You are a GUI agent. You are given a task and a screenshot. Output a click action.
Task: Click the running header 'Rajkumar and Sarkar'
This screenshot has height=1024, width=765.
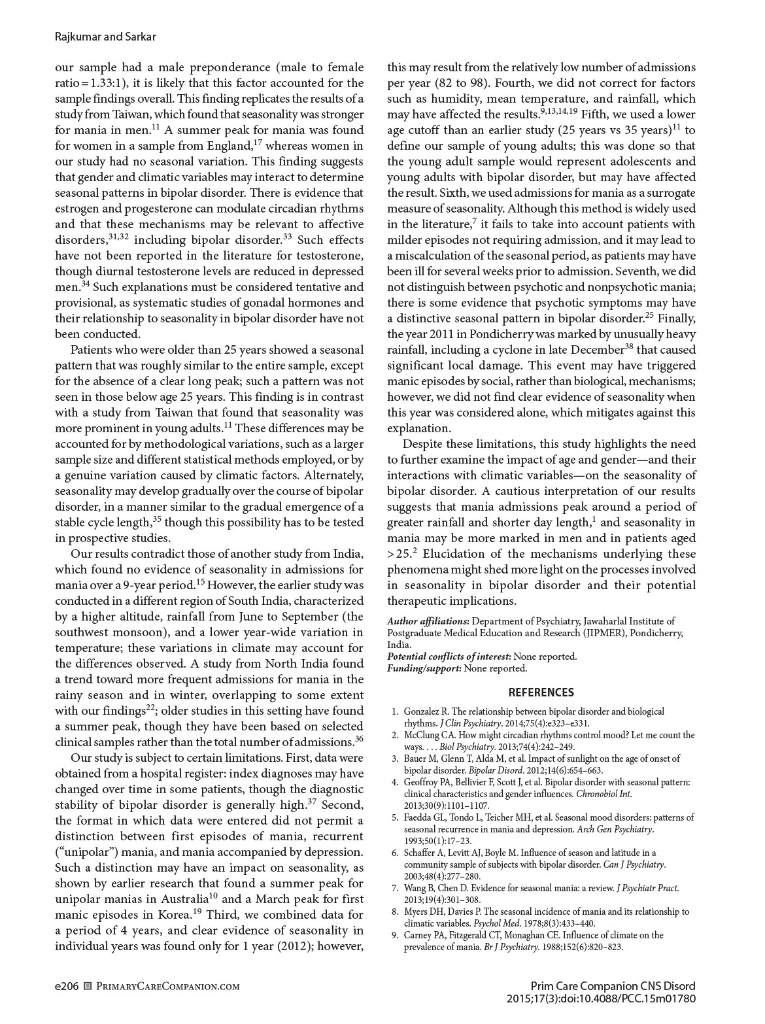click(105, 37)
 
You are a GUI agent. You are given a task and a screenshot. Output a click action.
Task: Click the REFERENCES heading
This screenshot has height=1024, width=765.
click(541, 692)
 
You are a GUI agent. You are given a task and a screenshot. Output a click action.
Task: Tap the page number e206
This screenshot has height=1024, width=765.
click(67, 987)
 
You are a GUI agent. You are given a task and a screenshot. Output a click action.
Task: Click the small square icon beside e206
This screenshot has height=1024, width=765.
click(89, 987)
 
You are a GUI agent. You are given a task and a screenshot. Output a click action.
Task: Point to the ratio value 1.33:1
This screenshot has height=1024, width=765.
click(106, 83)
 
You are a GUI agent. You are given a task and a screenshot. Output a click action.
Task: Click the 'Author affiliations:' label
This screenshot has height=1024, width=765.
click(428, 621)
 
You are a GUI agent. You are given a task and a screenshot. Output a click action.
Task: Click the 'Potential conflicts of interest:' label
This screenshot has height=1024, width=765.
click(449, 657)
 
